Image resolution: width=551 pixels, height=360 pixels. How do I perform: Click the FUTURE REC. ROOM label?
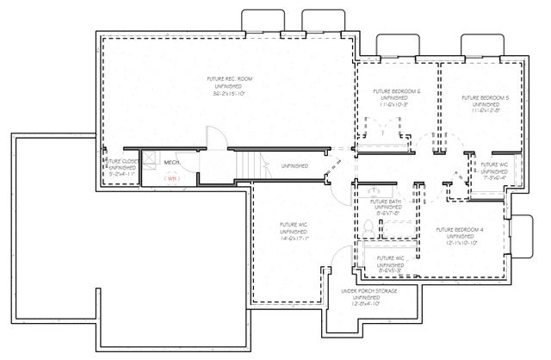click(224, 79)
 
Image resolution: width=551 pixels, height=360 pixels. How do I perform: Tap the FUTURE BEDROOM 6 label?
click(396, 91)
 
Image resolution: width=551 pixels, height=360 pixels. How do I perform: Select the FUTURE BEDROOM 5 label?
click(485, 98)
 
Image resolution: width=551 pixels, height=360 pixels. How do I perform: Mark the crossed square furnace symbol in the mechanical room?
click(150, 159)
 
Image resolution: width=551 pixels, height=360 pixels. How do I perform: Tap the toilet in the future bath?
click(368, 227)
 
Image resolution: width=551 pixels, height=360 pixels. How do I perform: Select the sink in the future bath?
click(375, 191)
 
